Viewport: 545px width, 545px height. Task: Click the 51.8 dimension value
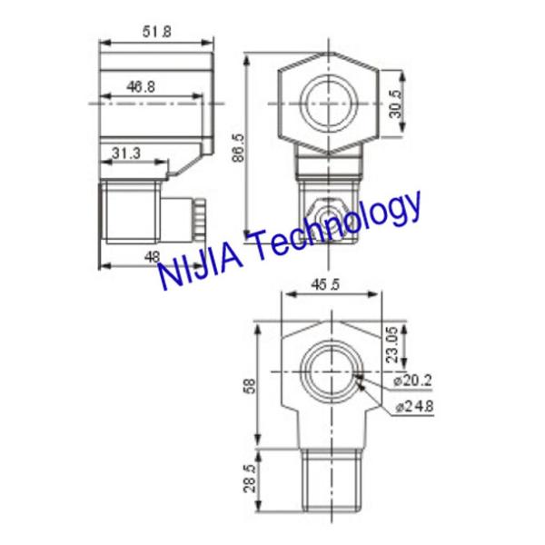click(x=156, y=31)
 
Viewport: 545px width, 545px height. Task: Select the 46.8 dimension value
click(x=140, y=86)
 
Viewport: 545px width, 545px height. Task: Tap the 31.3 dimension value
click(x=126, y=154)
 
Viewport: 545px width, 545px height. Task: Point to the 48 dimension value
click(x=153, y=257)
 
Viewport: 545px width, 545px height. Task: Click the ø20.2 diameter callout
click(x=413, y=379)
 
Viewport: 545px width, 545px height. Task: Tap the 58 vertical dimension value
click(x=249, y=384)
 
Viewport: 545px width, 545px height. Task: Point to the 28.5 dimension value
click(x=250, y=476)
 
